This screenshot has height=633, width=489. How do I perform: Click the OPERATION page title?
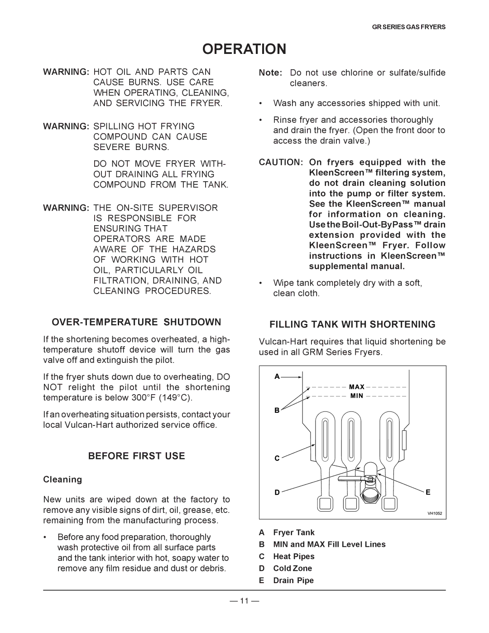coord(244,49)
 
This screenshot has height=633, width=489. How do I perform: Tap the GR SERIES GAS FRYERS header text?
coord(408,27)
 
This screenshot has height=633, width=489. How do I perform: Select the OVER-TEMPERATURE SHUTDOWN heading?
coord(136,322)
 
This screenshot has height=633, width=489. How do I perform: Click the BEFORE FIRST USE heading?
coord(136,456)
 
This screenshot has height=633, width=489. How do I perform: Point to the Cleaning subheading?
coord(62,479)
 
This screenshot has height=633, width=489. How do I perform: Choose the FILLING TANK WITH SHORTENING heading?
coord(352,324)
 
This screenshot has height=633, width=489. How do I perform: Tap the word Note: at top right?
coord(271,73)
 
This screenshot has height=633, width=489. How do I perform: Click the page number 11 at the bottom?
coord(244,601)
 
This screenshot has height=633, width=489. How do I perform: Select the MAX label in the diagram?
coord(357,387)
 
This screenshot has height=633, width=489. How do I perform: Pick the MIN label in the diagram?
coord(357,396)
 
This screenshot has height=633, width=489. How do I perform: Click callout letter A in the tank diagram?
coord(277,377)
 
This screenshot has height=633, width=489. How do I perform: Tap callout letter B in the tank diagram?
coord(277,410)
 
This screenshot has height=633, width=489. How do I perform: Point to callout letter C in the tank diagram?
coord(277,459)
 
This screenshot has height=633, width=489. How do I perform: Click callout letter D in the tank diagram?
coord(277,493)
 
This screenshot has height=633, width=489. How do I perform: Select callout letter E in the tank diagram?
coord(428,492)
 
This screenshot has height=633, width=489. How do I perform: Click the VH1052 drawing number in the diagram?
coord(435,514)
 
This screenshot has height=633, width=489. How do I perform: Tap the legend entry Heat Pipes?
coord(293,556)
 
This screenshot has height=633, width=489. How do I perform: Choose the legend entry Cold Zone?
coord(292,568)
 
